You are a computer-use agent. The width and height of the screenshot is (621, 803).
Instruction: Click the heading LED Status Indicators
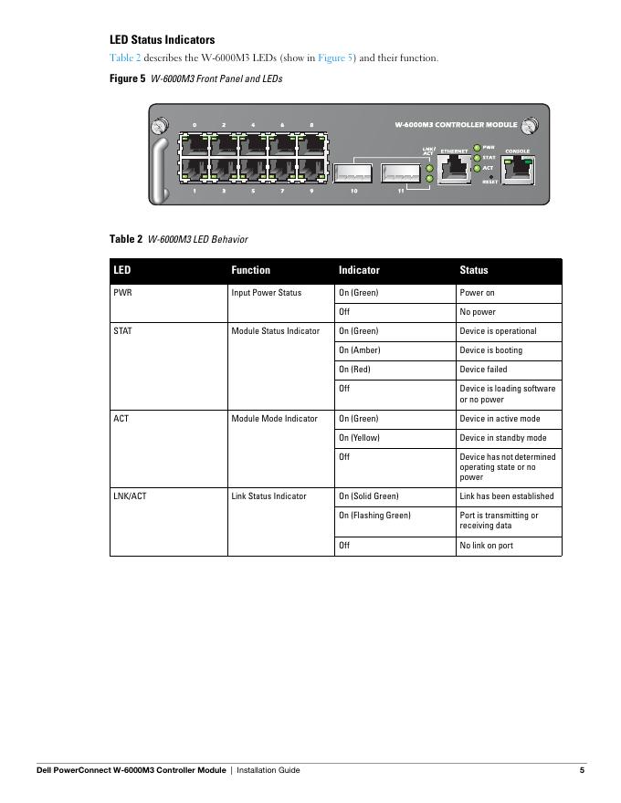[163, 40]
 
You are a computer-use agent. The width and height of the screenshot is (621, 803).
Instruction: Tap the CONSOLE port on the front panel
[518, 168]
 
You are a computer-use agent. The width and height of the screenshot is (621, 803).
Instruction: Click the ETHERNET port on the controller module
[453, 169]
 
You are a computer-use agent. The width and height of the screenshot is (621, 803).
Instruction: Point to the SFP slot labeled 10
[353, 173]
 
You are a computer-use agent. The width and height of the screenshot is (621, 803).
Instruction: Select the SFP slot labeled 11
[400, 173]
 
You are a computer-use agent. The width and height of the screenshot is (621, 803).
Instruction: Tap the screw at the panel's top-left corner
[159, 123]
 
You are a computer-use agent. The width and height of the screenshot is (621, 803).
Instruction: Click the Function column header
[251, 270]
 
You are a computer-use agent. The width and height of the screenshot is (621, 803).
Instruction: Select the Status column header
[474, 270]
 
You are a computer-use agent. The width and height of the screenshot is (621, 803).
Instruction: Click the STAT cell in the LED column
[122, 331]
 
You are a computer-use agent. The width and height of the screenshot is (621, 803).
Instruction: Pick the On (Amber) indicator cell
[360, 350]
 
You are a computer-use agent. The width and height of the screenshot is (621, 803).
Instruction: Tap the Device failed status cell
[483, 370]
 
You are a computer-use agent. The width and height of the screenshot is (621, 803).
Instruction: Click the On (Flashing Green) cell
[374, 516]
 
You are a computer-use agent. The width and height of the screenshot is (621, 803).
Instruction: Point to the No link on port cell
[486, 546]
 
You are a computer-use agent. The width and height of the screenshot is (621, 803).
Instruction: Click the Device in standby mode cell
[503, 438]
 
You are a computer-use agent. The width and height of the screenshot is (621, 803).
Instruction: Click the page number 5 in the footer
[582, 770]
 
